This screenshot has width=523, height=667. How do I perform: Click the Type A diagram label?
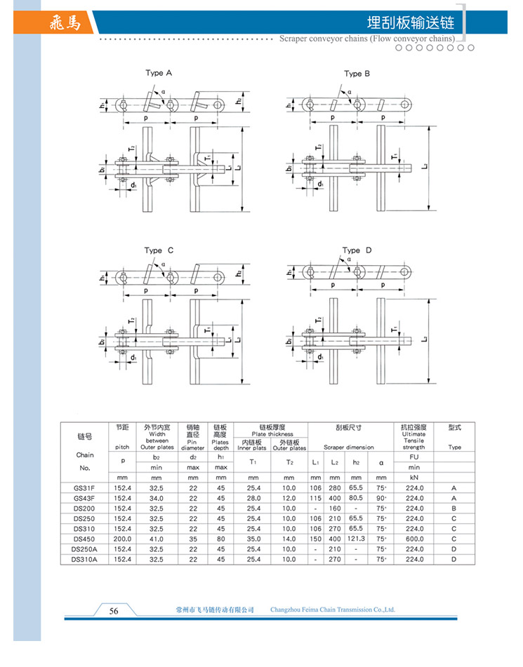[159, 73]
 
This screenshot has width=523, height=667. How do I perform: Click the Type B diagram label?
[357, 73]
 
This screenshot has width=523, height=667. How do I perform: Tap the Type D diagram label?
[357, 250]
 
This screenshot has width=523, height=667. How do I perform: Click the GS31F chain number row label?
[84, 488]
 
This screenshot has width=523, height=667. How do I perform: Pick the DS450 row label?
[84, 539]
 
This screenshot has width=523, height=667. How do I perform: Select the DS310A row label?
[84, 559]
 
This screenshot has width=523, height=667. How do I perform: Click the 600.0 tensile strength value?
[414, 539]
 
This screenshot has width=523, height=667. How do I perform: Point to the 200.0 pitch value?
[122, 539]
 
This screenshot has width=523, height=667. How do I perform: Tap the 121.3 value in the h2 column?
[356, 539]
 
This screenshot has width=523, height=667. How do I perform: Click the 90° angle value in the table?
[381, 498]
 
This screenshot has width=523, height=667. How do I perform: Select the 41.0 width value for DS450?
[157, 539]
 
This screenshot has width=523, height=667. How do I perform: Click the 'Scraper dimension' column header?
[348, 447]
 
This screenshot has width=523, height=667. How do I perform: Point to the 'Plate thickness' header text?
[271, 434]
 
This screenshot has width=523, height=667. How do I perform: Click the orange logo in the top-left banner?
[65, 23]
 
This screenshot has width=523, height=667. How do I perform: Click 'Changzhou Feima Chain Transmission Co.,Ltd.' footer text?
[332, 610]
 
